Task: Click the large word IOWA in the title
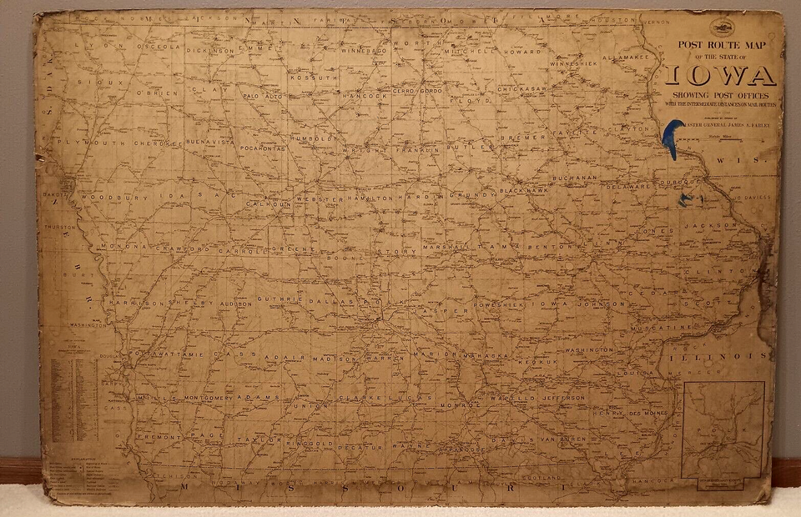721,76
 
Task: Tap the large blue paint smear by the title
670,138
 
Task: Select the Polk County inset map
723,430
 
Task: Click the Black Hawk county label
523,191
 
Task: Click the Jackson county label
710,225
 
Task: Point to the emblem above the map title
721,28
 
